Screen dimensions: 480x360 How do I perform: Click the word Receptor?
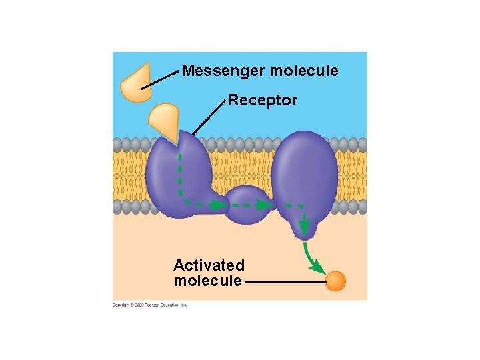coord(263,101)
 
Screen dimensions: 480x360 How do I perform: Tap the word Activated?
coord(209,265)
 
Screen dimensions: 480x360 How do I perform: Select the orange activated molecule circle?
coord(335,281)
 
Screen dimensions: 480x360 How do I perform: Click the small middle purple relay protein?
coord(247,204)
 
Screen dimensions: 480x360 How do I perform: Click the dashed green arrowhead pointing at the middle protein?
coord(269,205)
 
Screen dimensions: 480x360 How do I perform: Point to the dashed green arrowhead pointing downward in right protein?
coord(304,229)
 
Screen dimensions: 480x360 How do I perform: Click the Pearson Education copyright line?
coord(150,305)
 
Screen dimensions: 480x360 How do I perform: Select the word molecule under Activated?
coord(207,281)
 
